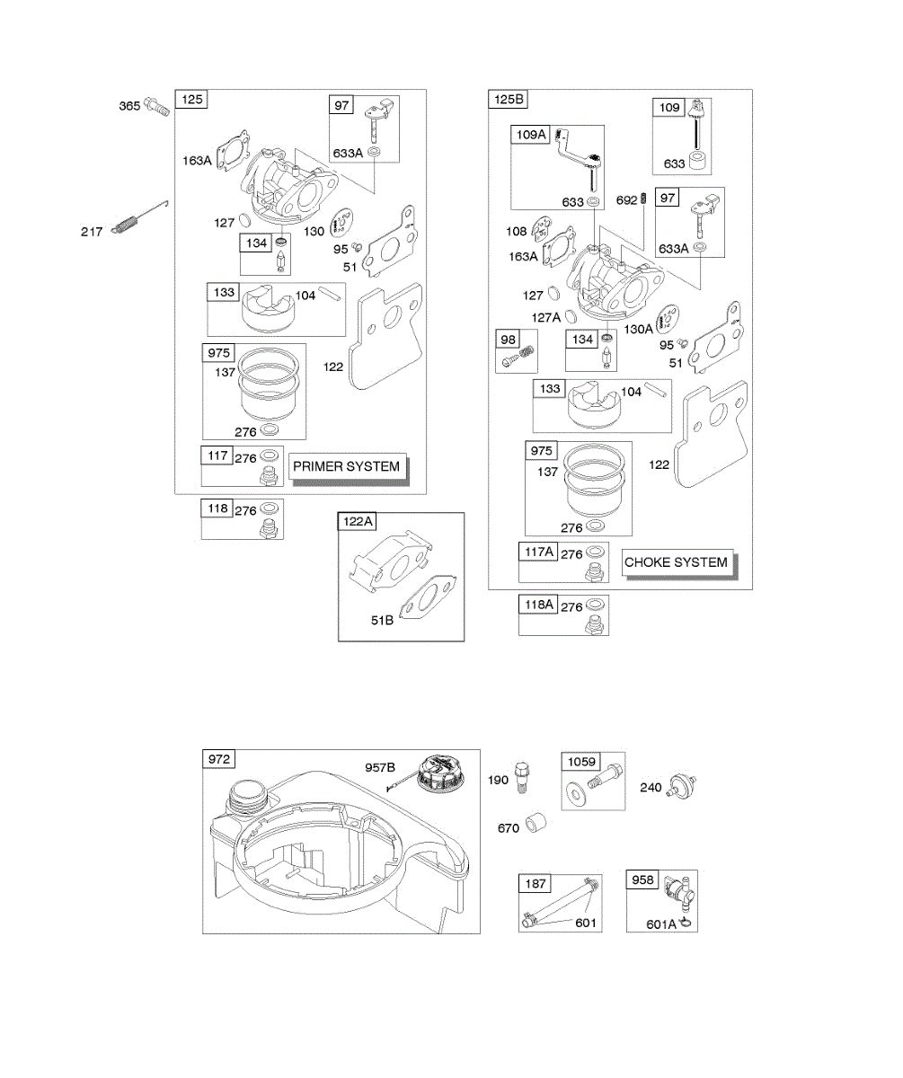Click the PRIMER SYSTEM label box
[x=346, y=466]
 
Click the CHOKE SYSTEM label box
[x=676, y=562]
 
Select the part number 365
[x=129, y=107]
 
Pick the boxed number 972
[x=219, y=760]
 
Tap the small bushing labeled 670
[x=537, y=822]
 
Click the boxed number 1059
[x=580, y=762]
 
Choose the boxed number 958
[x=643, y=880]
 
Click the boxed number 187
[x=535, y=884]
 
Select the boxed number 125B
[x=509, y=100]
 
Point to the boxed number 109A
[x=530, y=135]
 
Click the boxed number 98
[x=508, y=339]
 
